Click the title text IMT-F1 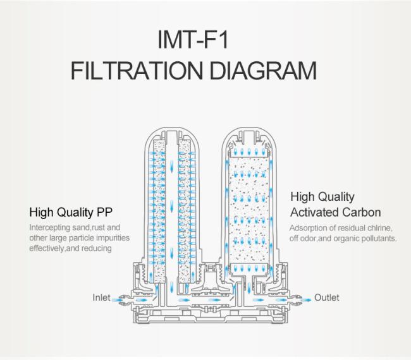(193, 40)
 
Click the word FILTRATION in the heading (137, 71)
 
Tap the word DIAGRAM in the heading (263, 71)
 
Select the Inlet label (101, 297)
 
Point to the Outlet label (327, 297)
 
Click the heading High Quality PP (71, 212)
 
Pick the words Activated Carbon (336, 212)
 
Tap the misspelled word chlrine (380, 228)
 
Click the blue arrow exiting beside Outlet (305, 299)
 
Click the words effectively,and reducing (70, 248)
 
